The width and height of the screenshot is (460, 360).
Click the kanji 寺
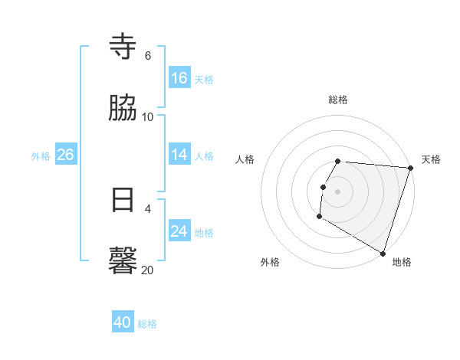click(123, 47)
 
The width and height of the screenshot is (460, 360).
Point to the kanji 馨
click(123, 260)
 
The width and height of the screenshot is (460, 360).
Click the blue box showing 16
click(179, 78)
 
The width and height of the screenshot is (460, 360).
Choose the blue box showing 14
click(179, 155)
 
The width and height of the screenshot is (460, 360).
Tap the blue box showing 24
click(179, 231)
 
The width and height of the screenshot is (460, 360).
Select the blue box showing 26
click(65, 155)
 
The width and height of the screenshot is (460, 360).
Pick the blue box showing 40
click(123, 322)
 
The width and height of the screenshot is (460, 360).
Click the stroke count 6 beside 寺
click(148, 56)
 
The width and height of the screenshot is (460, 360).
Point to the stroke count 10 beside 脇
click(148, 116)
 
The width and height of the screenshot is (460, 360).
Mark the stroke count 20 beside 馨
click(148, 270)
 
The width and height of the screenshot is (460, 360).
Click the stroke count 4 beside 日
click(148, 208)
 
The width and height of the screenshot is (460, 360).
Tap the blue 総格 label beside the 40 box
click(148, 324)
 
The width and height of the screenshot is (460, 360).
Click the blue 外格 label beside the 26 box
click(41, 155)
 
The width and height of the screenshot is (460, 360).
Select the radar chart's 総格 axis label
click(338, 100)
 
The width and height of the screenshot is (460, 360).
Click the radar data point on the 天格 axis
click(411, 168)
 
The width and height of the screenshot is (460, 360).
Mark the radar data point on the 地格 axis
click(383, 253)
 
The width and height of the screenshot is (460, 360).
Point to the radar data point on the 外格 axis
click(319, 217)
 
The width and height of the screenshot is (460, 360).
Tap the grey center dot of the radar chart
click(338, 191)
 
